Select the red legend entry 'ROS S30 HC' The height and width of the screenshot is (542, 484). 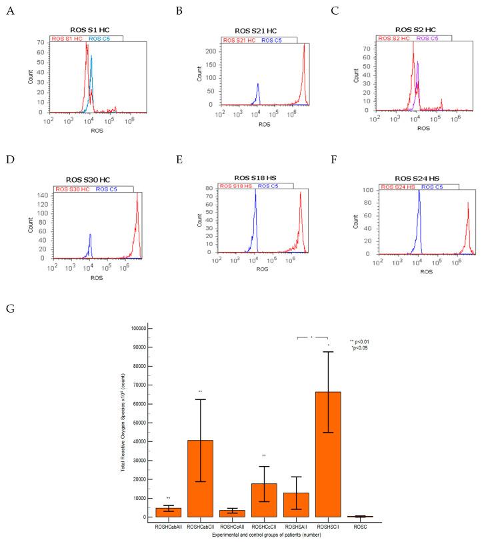tap(75, 189)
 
